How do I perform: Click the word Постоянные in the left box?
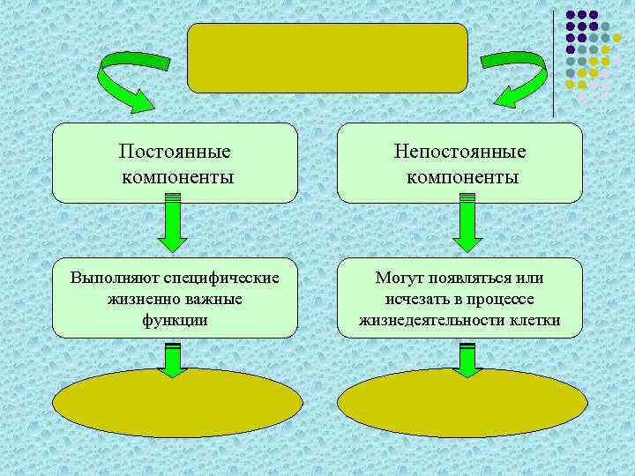pos(175,152)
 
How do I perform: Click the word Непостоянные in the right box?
pos(460,152)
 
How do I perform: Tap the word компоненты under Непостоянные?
pos(460,177)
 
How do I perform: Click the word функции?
pos(175,319)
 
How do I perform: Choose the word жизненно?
pos(142,299)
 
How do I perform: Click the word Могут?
pos(398,279)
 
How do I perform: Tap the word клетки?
pos(535,319)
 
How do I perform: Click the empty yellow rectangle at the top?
pos(327,58)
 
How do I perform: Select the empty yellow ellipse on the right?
pos(463,406)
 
